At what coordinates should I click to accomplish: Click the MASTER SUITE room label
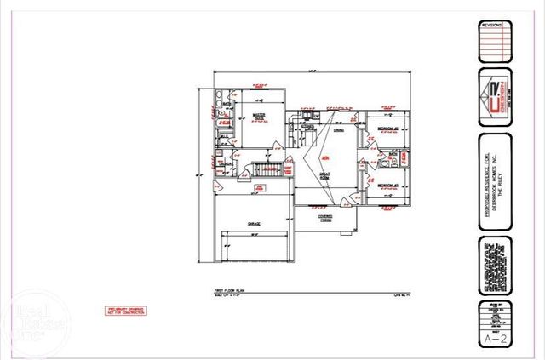tap(259, 117)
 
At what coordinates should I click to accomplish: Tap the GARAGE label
tap(254, 223)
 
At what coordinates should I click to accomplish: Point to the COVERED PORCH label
tap(326, 218)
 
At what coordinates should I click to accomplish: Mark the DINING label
tap(338, 130)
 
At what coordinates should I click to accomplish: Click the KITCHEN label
tap(307, 128)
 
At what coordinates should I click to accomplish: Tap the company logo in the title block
tap(495, 96)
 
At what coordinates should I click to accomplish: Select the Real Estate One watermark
tap(27, 328)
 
